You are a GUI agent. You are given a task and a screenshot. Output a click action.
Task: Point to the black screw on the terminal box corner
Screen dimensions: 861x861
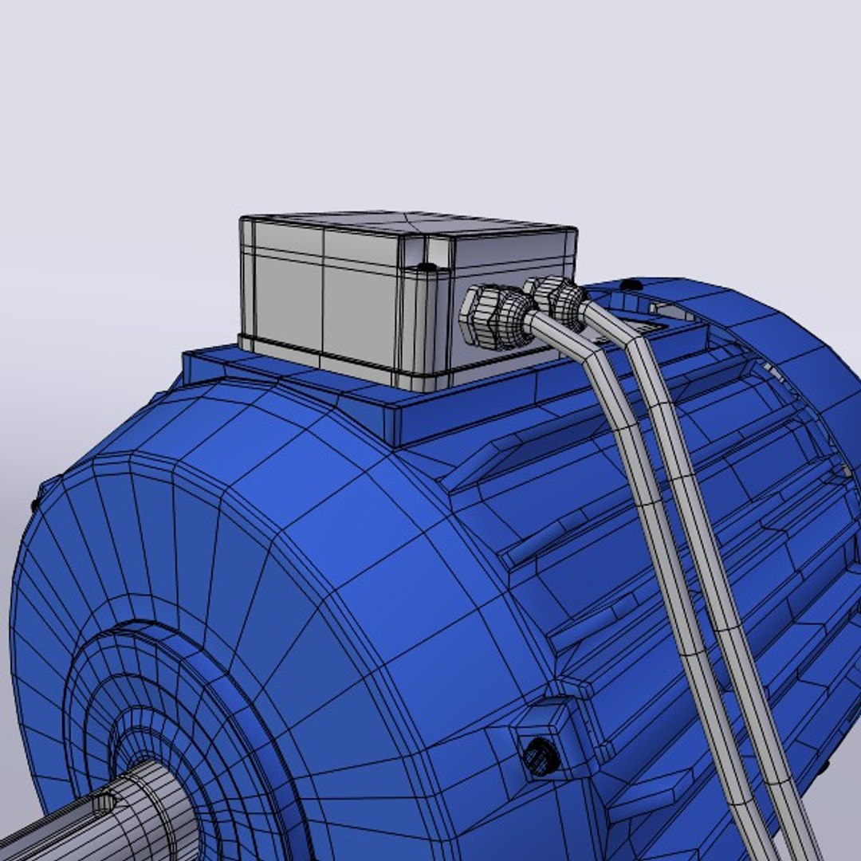[x=427, y=266]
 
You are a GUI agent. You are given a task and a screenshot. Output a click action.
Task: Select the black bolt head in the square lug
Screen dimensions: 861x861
[x=541, y=755]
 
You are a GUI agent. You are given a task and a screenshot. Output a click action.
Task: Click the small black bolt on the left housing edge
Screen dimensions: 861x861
[x=36, y=504]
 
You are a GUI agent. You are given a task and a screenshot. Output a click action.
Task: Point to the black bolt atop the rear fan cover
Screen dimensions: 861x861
[x=629, y=285]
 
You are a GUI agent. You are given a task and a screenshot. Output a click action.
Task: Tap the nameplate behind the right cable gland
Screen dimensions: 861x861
[x=646, y=325]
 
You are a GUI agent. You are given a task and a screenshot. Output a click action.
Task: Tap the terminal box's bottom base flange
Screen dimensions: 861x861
[x=335, y=363]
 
